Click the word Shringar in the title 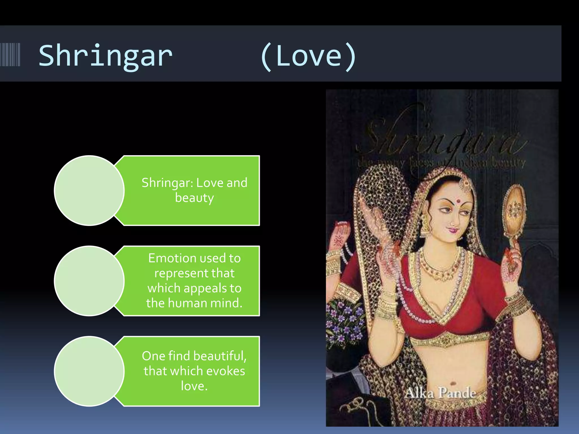point(105,56)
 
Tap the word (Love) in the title point(308,56)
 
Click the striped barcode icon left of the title point(10,55)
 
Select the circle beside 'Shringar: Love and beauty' point(89,190)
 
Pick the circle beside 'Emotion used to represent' point(89,281)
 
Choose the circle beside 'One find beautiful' point(89,371)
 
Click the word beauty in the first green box point(194,198)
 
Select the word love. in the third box point(194,386)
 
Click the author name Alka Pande point(440,393)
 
